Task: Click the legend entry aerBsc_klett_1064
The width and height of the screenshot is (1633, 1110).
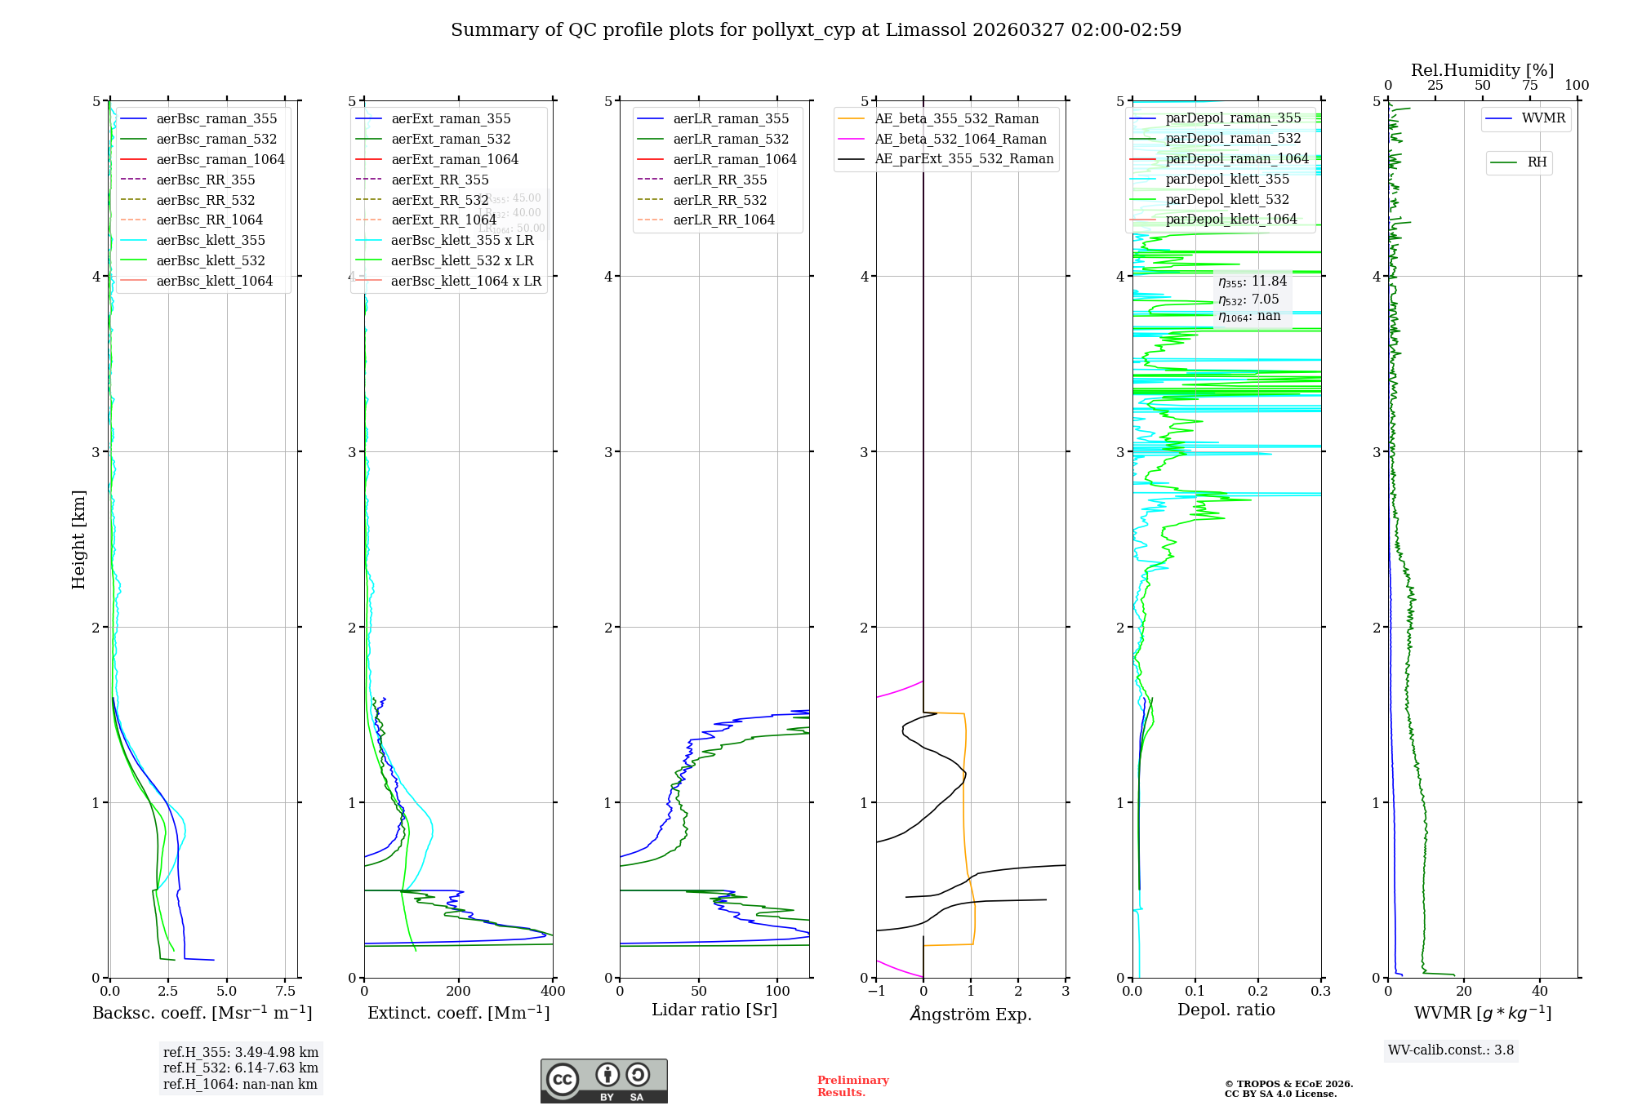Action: click(x=215, y=282)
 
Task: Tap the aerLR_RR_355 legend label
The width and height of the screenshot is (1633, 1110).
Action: click(x=719, y=180)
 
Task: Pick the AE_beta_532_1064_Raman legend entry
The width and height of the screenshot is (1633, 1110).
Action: click(x=960, y=140)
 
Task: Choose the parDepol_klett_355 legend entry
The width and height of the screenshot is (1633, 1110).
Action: click(x=1227, y=180)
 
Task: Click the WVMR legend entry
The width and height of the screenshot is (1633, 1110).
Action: click(x=1543, y=118)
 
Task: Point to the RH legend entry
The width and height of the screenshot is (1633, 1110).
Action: click(x=1537, y=162)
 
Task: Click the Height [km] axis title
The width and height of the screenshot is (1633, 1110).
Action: click(x=78, y=539)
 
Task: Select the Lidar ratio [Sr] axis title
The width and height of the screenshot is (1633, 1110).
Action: click(x=714, y=1010)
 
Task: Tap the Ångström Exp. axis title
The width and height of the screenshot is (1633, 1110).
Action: click(x=971, y=1015)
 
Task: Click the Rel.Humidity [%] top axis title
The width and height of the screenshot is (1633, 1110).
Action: click(x=1482, y=70)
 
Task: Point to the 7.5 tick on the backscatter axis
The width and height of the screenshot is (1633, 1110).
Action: click(x=285, y=992)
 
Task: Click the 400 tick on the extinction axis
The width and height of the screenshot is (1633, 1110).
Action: click(x=553, y=992)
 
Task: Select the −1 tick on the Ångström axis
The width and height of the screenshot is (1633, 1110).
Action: click(x=876, y=992)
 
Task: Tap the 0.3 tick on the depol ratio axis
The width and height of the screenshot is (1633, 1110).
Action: click(x=1320, y=992)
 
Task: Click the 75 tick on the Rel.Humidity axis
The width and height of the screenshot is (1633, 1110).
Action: click(x=1529, y=86)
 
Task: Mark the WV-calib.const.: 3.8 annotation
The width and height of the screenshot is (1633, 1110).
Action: click(x=1451, y=1050)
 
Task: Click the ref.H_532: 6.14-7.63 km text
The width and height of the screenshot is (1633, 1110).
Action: click(x=241, y=1068)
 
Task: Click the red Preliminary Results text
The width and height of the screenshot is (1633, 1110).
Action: click(x=852, y=1086)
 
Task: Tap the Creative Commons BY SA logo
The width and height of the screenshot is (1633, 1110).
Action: click(x=603, y=1081)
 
